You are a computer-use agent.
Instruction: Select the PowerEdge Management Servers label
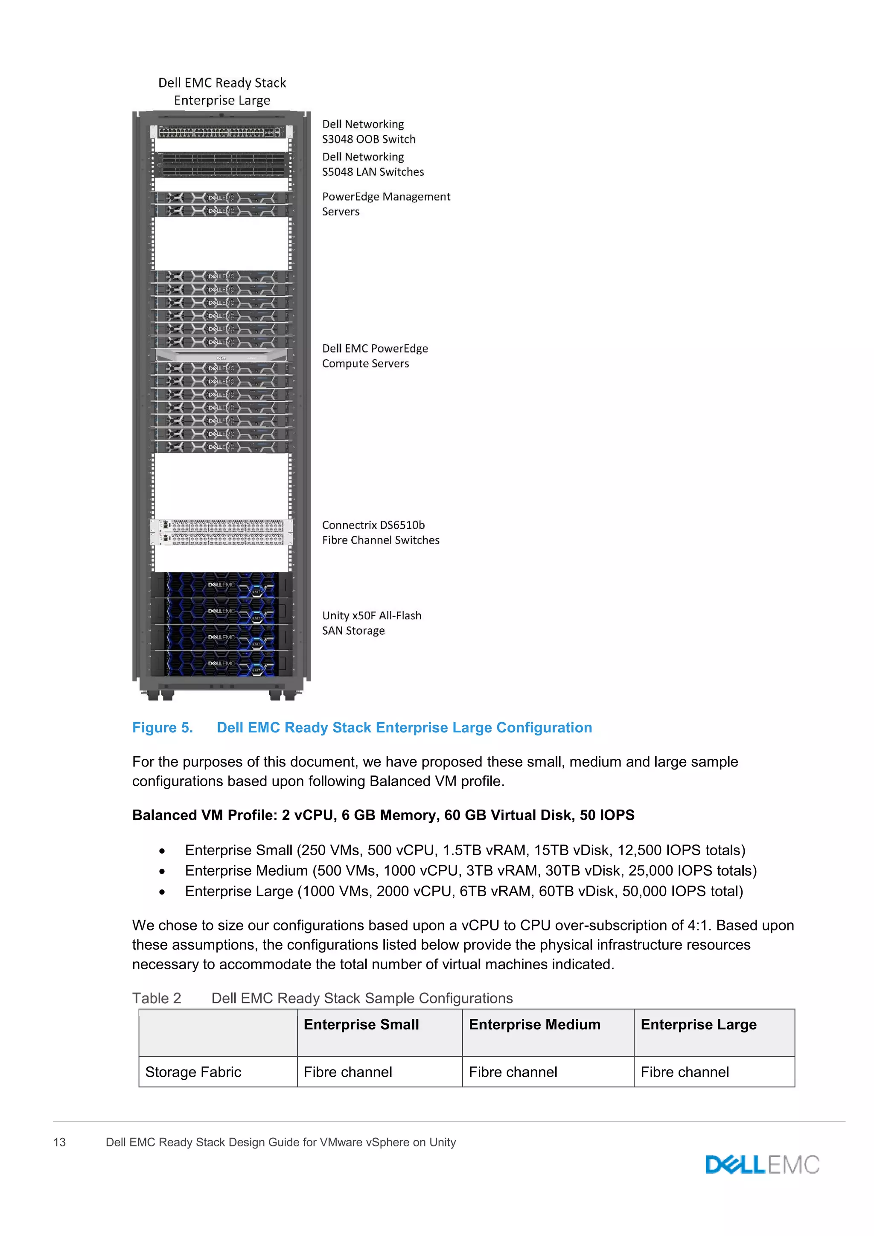(386, 204)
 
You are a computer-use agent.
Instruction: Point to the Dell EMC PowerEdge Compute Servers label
(375, 356)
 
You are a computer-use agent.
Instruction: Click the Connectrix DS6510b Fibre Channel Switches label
(381, 532)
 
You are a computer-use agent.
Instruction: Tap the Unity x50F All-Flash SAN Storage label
(371, 623)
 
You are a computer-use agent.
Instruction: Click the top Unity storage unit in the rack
(221, 585)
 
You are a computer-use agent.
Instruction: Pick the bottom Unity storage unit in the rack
(221, 664)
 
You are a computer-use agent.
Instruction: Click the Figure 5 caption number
(163, 728)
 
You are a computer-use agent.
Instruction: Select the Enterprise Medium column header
(534, 1024)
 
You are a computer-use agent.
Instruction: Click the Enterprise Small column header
(361, 1024)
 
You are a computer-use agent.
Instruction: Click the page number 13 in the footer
(60, 1142)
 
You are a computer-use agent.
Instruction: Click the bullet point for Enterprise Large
(162, 892)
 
